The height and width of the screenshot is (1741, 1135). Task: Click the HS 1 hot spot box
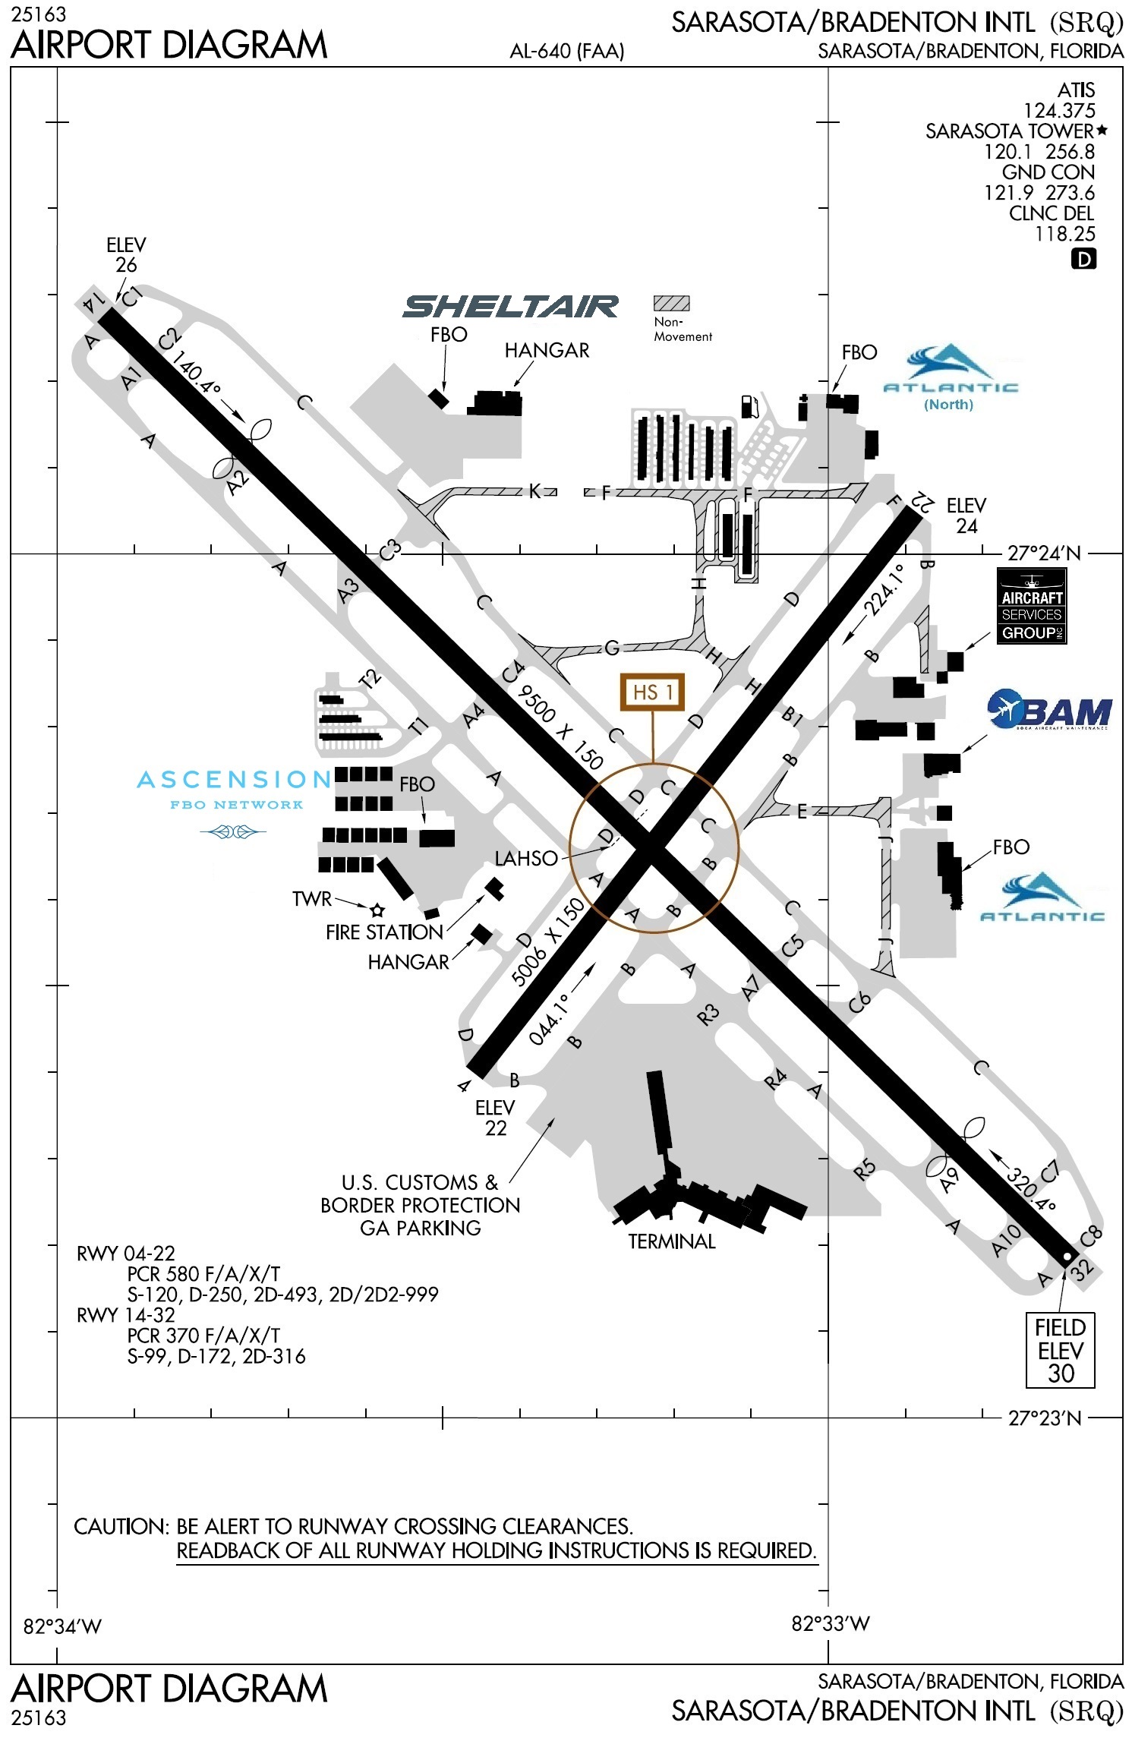(652, 692)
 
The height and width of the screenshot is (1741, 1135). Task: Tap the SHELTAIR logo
(510, 306)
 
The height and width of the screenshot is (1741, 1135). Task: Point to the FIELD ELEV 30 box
(1060, 1350)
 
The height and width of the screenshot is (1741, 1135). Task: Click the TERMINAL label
(671, 1241)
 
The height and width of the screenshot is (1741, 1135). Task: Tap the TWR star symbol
(377, 910)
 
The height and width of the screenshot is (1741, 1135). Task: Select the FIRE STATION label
(384, 932)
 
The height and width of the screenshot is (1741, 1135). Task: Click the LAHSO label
(526, 859)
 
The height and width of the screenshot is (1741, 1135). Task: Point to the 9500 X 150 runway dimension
(560, 727)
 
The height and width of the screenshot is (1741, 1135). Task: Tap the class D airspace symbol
(1083, 260)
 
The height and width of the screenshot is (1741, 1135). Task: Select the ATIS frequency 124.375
(1059, 111)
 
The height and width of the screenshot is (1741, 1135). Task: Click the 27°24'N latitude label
(1044, 554)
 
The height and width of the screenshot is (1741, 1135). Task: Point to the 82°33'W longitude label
(830, 1623)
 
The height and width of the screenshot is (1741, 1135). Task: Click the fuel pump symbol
(749, 406)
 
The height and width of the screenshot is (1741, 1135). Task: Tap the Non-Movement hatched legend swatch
(671, 304)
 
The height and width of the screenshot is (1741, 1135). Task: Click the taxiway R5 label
(865, 1170)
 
